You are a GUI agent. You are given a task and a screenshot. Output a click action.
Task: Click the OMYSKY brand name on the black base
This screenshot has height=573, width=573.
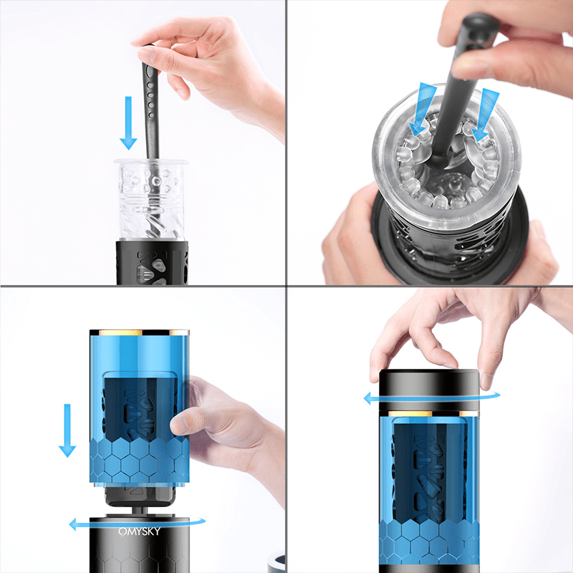139,531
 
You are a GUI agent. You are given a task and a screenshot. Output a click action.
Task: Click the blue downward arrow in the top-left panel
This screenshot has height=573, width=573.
128,122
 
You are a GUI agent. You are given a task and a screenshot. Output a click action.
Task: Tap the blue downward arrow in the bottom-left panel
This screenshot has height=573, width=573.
67,430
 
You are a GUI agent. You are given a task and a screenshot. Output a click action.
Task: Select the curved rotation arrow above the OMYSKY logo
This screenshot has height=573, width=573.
137,524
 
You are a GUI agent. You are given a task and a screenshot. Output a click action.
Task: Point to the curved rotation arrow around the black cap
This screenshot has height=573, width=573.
431,398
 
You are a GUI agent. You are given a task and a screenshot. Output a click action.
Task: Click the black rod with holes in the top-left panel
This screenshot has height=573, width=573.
150,102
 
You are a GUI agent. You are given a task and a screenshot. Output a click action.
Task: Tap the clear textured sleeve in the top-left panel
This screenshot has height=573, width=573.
151,200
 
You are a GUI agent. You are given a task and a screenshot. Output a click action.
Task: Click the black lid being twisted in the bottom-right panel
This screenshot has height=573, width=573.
429,390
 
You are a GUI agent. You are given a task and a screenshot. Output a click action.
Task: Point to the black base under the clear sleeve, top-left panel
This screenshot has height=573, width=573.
152,262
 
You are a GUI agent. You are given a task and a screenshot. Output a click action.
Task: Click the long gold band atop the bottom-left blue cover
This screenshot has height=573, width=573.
120,332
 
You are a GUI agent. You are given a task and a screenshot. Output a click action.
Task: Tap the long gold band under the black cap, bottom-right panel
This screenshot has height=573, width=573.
410,414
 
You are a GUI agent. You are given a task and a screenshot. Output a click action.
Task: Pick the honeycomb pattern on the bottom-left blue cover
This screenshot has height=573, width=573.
140,461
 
